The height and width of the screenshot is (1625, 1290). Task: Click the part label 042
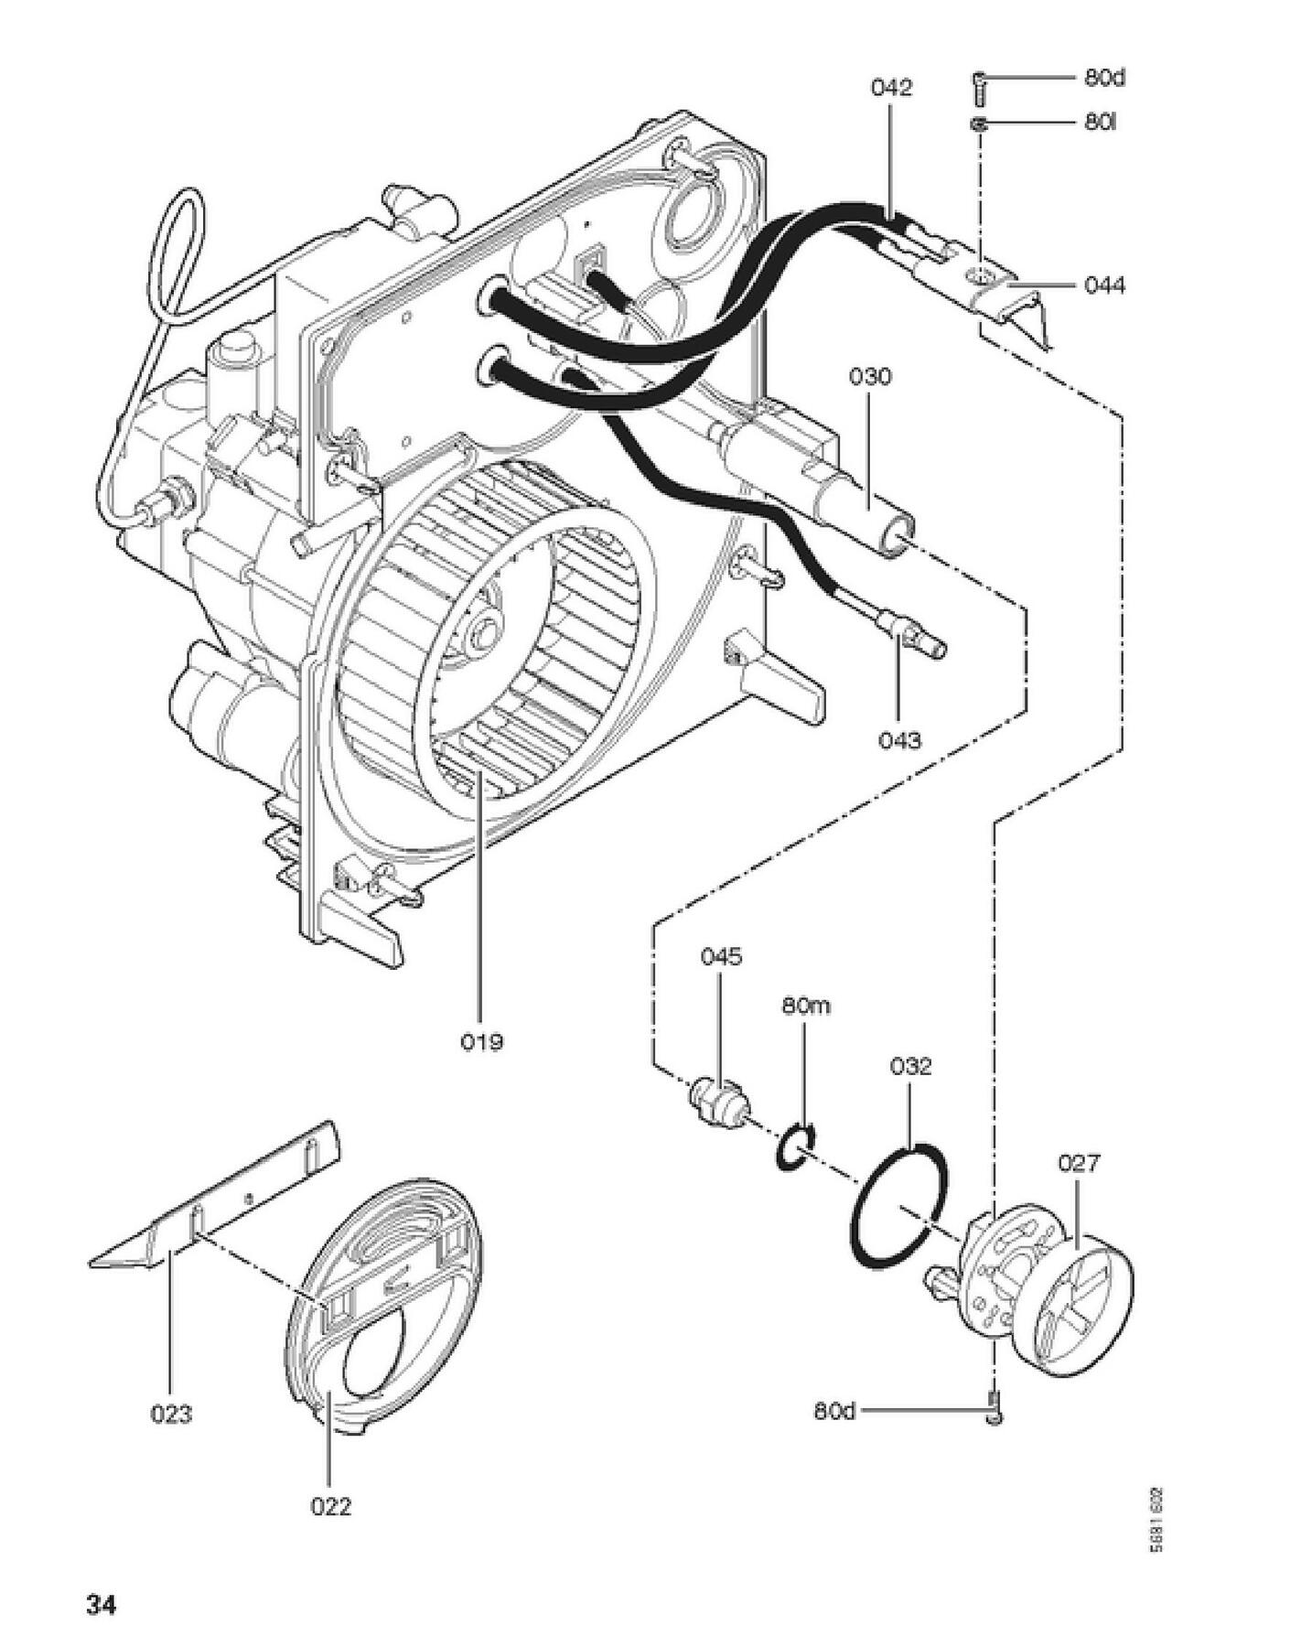[x=890, y=88]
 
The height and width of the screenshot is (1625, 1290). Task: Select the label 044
[x=1104, y=286]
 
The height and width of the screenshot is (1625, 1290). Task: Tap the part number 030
[x=869, y=377]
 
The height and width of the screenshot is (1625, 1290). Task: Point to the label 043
[x=899, y=739]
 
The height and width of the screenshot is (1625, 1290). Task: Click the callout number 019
[x=481, y=1041]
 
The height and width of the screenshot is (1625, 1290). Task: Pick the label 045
[x=721, y=957]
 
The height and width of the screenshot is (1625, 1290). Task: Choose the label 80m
[x=806, y=1006]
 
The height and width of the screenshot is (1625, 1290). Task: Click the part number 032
[x=910, y=1066]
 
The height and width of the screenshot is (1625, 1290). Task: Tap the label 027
[x=1079, y=1164]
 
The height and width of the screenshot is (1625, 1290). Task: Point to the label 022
[x=330, y=1506]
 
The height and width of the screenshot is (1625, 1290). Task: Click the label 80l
[x=1101, y=122]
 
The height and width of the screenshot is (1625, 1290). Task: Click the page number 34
[x=101, y=1580]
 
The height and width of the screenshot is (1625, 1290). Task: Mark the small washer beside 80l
[x=978, y=124]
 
